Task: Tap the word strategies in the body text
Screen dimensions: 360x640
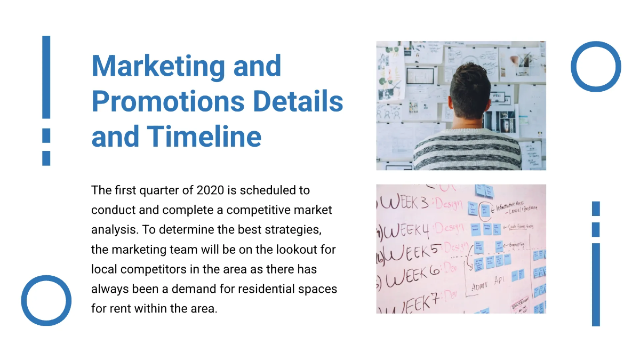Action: [297, 230]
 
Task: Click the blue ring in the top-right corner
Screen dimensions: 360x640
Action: [596, 67]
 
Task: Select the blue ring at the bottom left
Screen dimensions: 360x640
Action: [46, 300]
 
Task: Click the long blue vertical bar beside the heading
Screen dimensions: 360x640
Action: [46, 77]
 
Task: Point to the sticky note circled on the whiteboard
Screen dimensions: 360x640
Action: [484, 209]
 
